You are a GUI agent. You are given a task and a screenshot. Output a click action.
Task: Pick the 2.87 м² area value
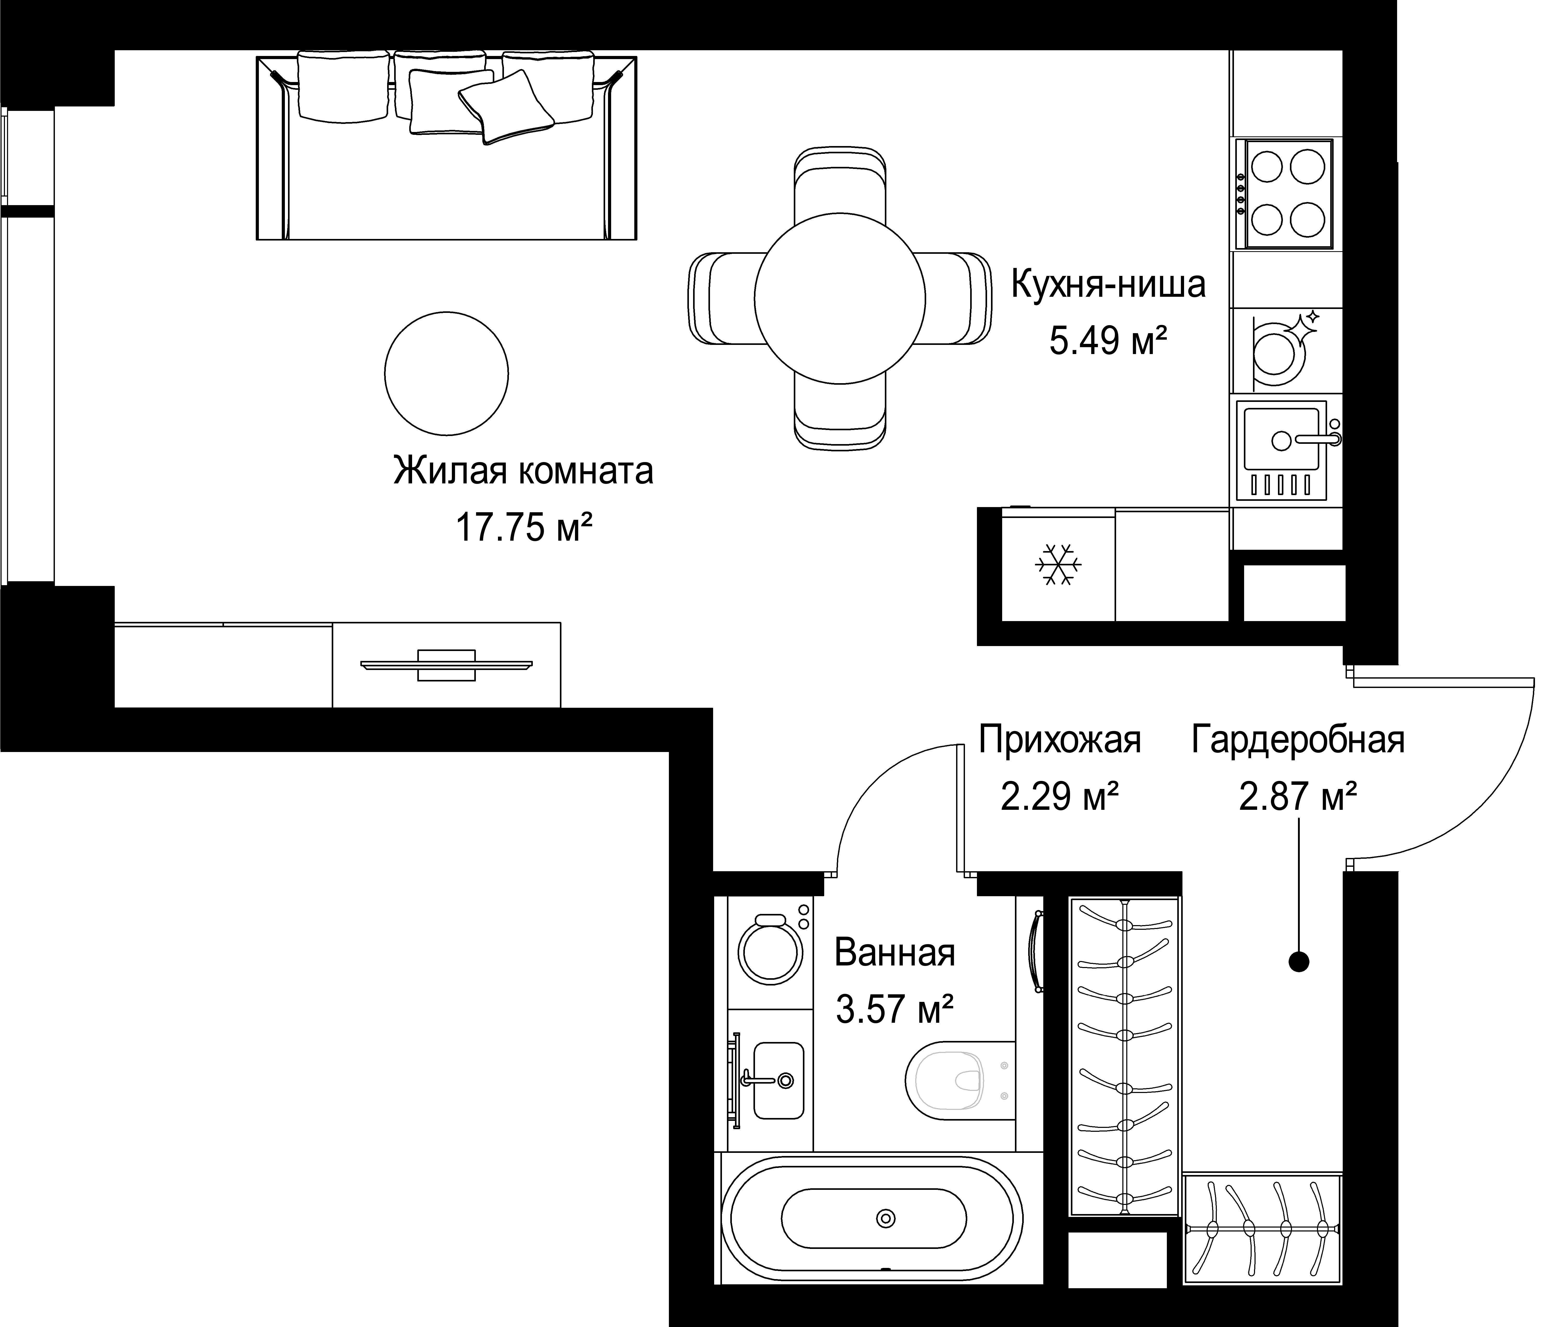click(1298, 796)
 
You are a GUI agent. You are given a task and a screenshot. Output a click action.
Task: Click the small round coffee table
click(446, 373)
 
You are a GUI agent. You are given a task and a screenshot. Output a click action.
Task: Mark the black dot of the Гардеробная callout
click(1298, 961)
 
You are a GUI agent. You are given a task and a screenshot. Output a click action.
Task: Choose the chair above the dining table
click(840, 188)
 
